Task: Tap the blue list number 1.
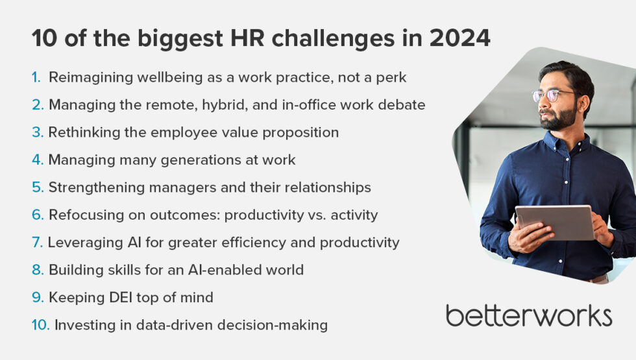click(36, 77)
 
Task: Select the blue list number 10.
click(40, 325)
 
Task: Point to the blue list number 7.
click(37, 243)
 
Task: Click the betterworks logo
click(528, 316)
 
